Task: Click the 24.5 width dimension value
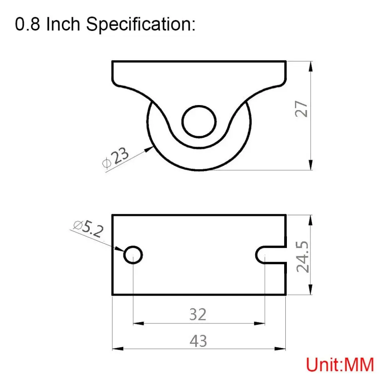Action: [303, 256]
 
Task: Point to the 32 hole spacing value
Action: [198, 314]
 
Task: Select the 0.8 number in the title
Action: [28, 25]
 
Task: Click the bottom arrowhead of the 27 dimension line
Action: [312, 165]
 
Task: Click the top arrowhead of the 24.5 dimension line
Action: [312, 219]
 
